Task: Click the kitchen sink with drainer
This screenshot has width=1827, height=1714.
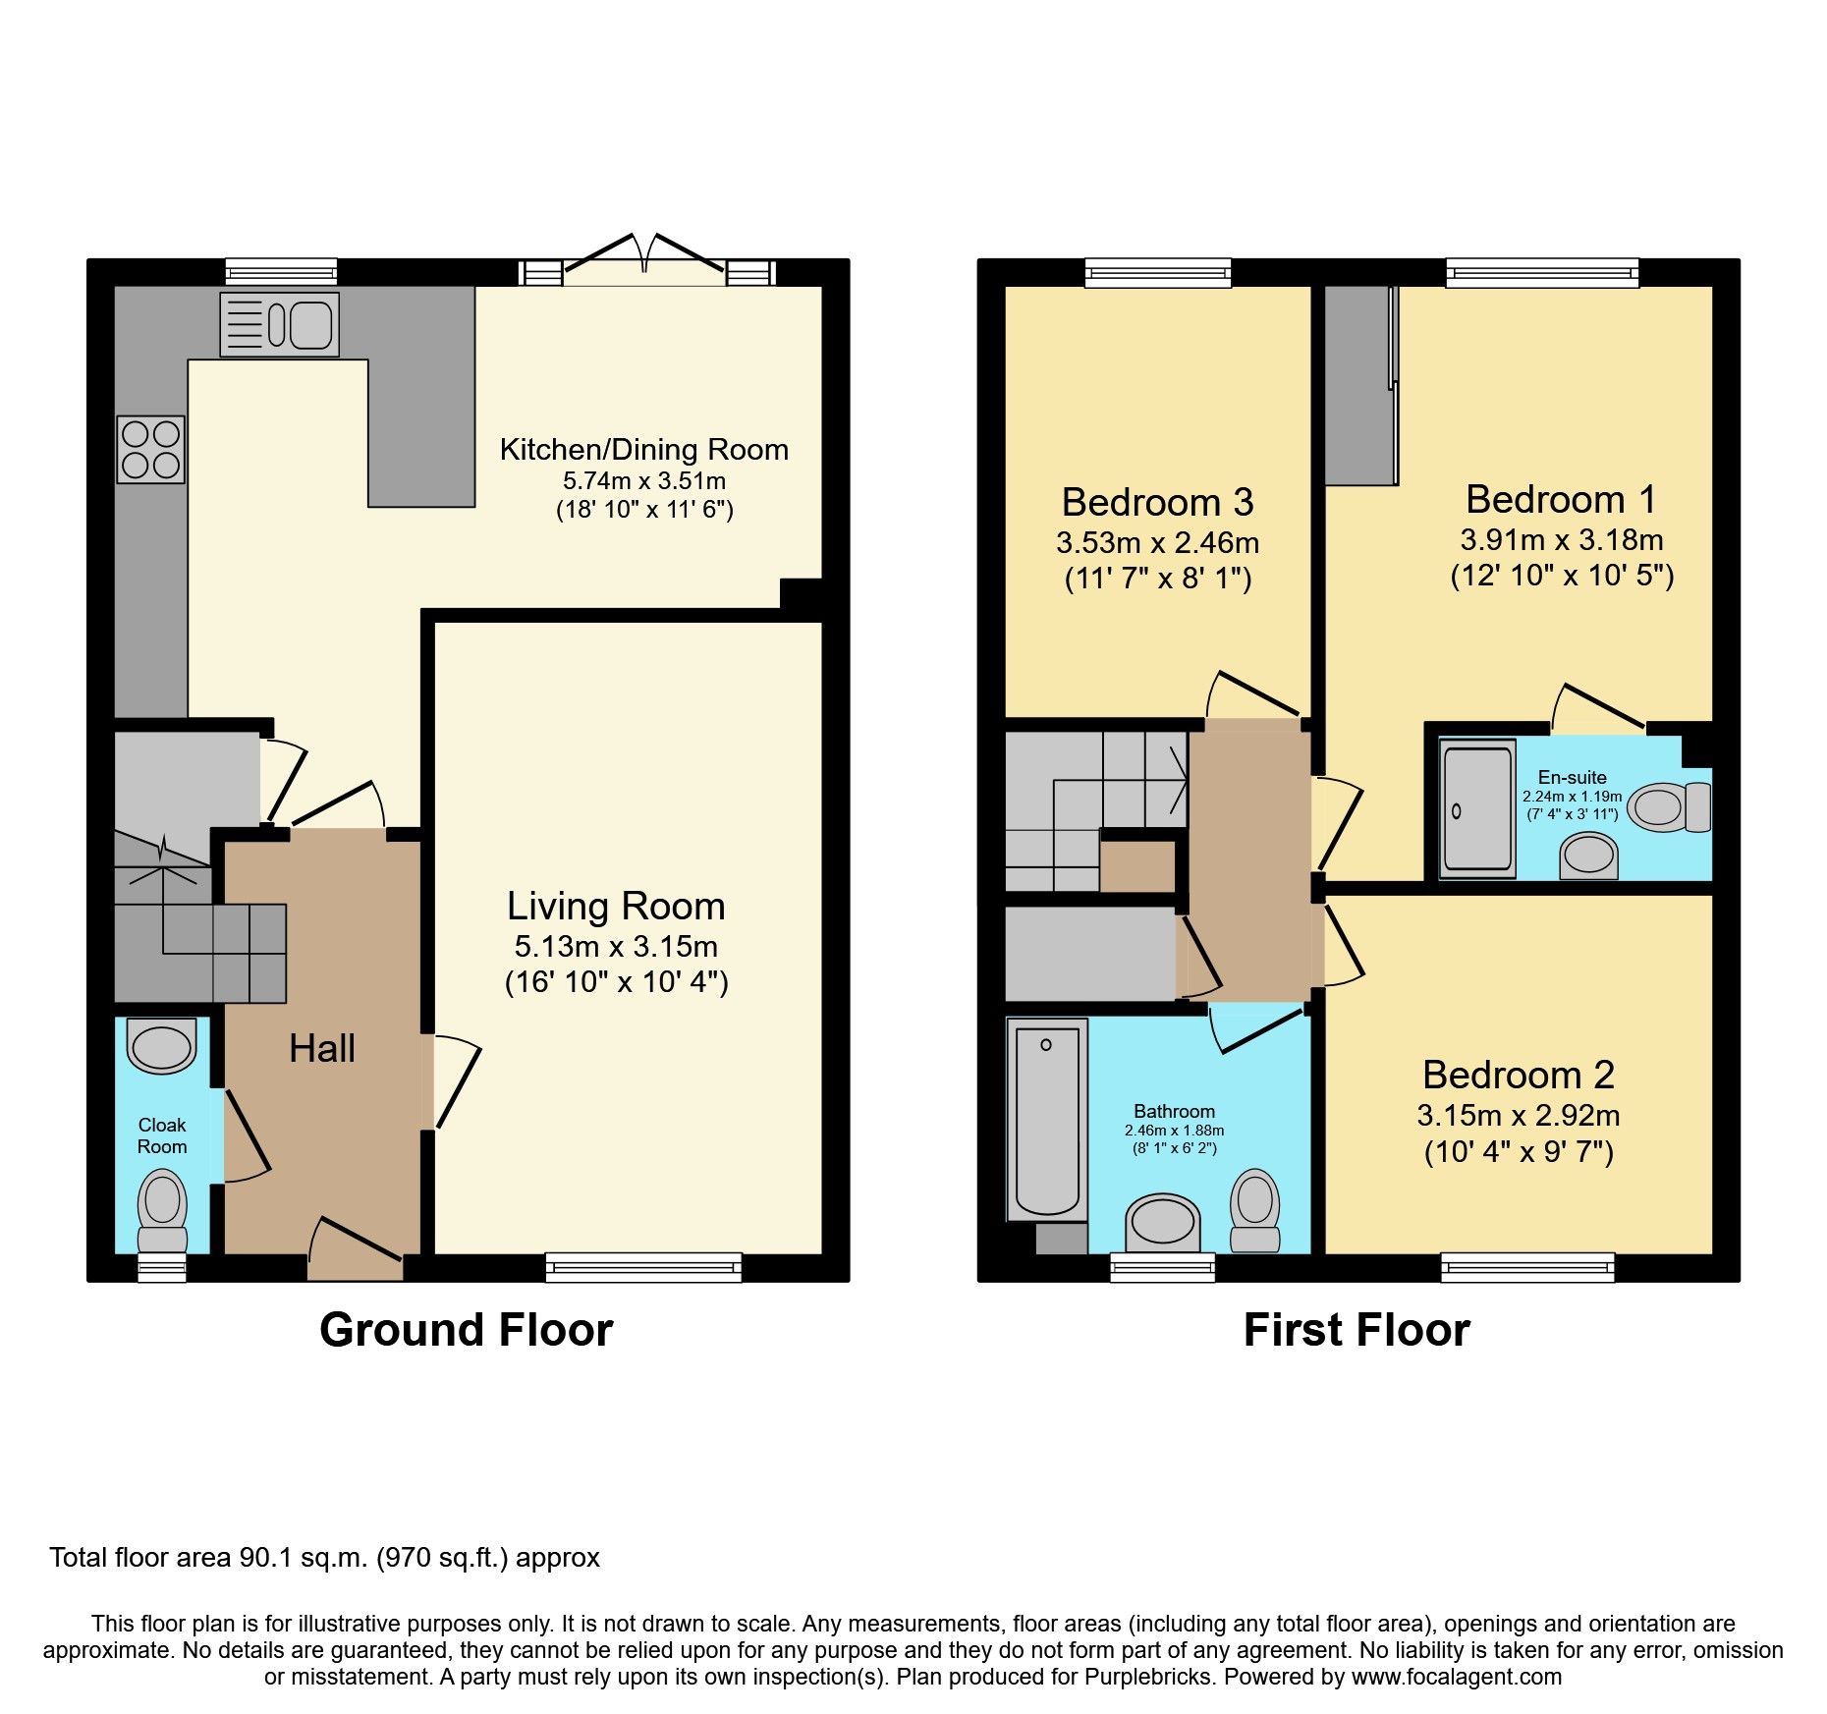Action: click(x=280, y=324)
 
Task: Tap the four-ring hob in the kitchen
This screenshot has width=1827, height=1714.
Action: click(x=150, y=449)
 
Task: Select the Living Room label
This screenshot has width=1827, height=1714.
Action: click(x=616, y=906)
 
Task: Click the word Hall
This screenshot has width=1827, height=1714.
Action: click(x=322, y=1048)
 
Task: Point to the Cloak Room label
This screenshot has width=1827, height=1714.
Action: click(x=162, y=1135)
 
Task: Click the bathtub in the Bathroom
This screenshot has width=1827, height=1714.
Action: click(x=1046, y=1120)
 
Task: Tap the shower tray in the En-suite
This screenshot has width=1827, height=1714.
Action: click(x=1477, y=808)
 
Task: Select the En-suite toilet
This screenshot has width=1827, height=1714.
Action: click(x=1670, y=807)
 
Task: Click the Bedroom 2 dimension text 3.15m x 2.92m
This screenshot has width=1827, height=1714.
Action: click(x=1518, y=1116)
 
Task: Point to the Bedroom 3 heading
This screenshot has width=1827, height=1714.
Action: click(x=1157, y=502)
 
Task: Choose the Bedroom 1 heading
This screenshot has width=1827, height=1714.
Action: click(x=1561, y=499)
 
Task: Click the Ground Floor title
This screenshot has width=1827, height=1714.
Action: click(x=466, y=1330)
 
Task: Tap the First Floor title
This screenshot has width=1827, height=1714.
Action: click(x=1356, y=1330)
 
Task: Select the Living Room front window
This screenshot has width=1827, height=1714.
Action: click(x=643, y=1268)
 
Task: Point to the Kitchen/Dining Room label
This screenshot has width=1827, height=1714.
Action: click(x=643, y=449)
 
